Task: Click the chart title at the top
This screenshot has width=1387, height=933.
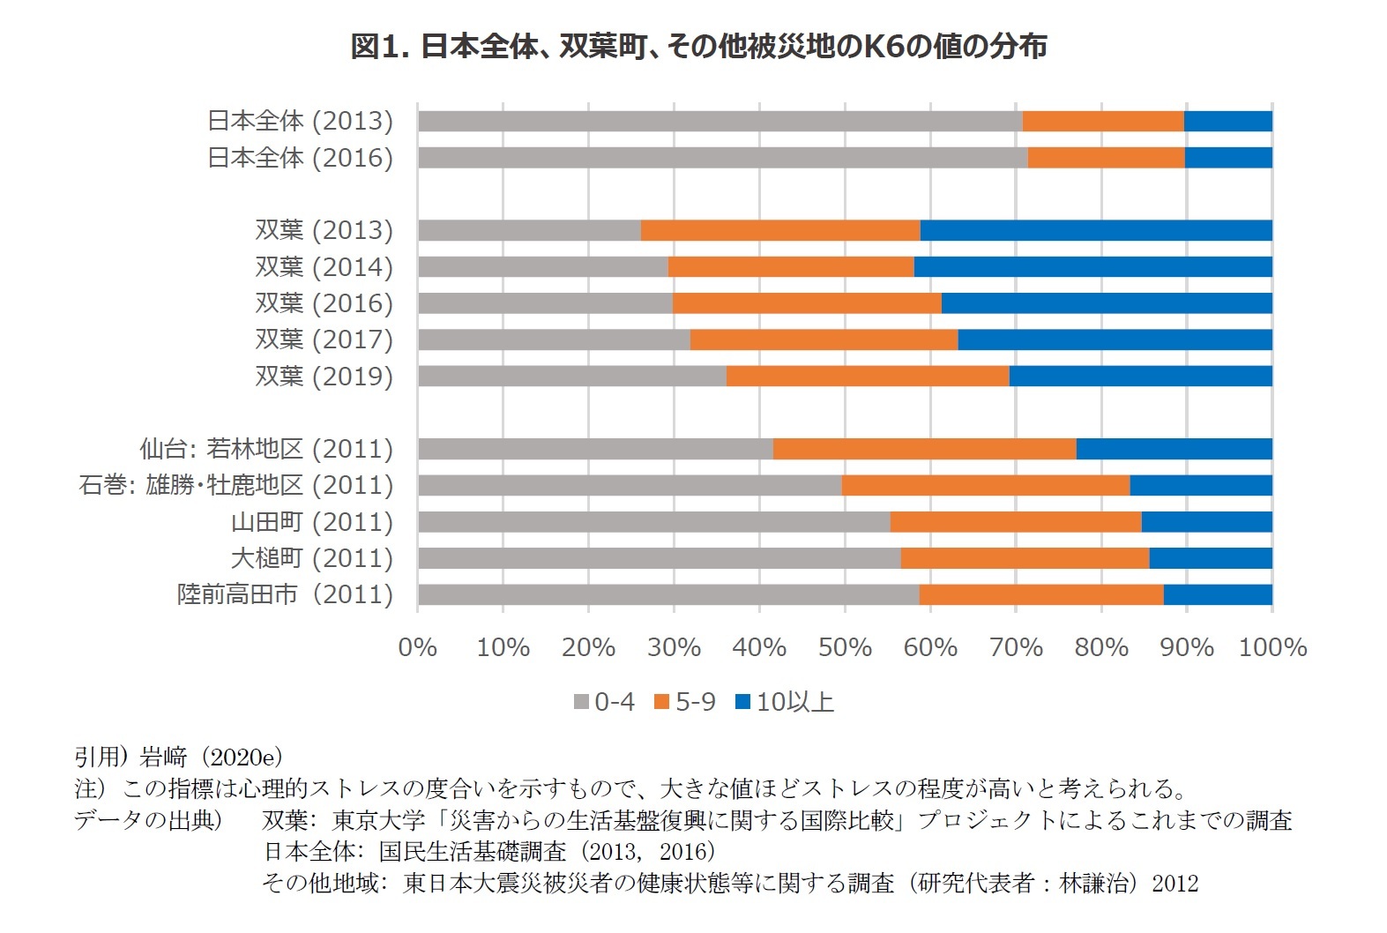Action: pos(698,46)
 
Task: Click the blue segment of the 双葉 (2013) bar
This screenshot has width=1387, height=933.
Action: pos(1095,230)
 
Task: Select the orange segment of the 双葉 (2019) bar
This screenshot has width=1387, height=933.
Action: pos(868,377)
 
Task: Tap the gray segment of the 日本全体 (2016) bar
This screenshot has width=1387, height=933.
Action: pos(722,158)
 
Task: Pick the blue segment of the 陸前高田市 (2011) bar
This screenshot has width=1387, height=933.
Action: pos(1218,595)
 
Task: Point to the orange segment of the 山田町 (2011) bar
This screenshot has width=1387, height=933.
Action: pos(1016,522)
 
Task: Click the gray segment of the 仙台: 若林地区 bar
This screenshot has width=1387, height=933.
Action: pos(595,449)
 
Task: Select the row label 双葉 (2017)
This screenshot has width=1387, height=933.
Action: pos(324,340)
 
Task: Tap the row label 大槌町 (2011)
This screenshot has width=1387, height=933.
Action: pos(311,558)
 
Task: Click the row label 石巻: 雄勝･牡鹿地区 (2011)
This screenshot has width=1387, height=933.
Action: pos(235,485)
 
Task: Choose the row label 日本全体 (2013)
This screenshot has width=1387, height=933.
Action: pos(300,121)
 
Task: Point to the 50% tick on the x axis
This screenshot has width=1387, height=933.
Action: pos(845,647)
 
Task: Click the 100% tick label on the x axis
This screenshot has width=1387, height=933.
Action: pos(1272,647)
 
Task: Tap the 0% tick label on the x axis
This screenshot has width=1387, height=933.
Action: pos(417,647)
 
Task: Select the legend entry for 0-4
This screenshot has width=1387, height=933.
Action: pos(605,702)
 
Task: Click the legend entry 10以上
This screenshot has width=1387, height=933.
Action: pos(785,702)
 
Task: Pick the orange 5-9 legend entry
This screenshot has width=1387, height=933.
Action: pos(685,702)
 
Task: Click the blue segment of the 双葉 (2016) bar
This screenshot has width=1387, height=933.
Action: pos(1107,303)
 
